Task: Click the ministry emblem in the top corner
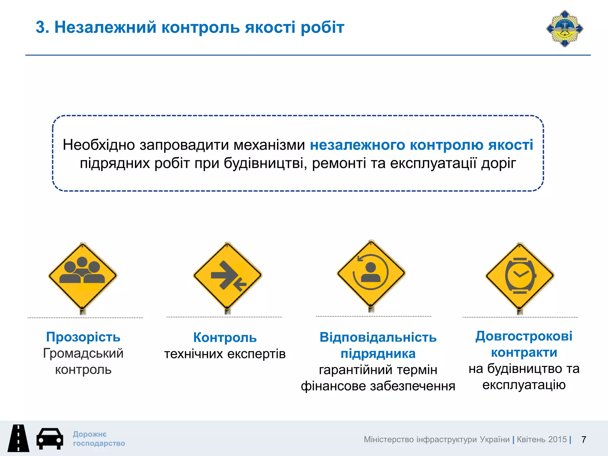(565, 29)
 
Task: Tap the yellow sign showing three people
(83, 275)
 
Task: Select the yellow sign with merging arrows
(227, 275)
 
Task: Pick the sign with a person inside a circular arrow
(371, 273)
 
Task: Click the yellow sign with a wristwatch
(520, 275)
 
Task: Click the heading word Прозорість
(83, 337)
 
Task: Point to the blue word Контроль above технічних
(225, 338)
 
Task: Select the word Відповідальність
(378, 337)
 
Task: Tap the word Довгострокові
(524, 336)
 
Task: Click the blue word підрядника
(378, 354)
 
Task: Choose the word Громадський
(83, 353)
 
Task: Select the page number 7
(584, 439)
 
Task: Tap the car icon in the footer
(50, 438)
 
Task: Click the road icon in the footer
(18, 438)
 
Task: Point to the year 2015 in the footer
(557, 439)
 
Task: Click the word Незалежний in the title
(105, 27)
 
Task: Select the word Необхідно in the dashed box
(99, 145)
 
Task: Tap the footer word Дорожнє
(90, 434)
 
